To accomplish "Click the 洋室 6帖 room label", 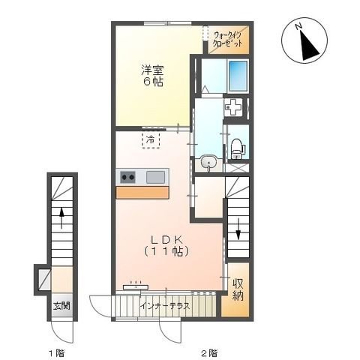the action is (152, 76).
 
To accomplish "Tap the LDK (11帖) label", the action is (166, 246).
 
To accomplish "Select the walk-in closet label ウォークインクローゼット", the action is (227, 40).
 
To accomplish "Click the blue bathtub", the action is (238, 76).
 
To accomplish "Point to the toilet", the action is (236, 148).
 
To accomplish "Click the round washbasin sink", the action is (208, 163).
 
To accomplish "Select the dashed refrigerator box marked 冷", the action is (151, 139).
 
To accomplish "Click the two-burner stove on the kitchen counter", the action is (127, 177).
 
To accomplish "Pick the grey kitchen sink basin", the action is (155, 177).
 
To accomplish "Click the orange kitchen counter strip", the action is (142, 192).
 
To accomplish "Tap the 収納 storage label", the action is (238, 289).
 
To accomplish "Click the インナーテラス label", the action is (165, 306).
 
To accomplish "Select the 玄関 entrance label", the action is (61, 305).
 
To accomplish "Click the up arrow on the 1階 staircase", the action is (61, 217).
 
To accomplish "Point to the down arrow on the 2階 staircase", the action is (238, 229).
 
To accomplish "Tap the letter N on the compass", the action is (298, 26).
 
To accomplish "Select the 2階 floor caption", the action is (209, 353).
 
